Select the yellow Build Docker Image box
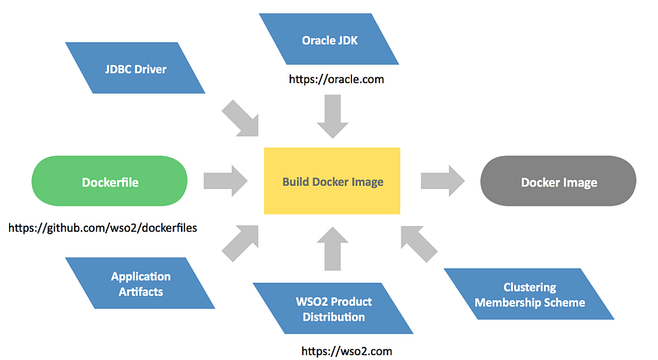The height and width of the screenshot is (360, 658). tap(332, 182)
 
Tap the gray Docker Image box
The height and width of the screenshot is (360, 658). tap(558, 182)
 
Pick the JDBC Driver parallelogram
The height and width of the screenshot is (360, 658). tap(136, 69)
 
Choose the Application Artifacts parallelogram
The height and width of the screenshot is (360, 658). tap(141, 284)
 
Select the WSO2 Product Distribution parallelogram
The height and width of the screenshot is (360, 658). tap(332, 308)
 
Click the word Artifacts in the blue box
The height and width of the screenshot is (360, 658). tap(141, 291)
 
